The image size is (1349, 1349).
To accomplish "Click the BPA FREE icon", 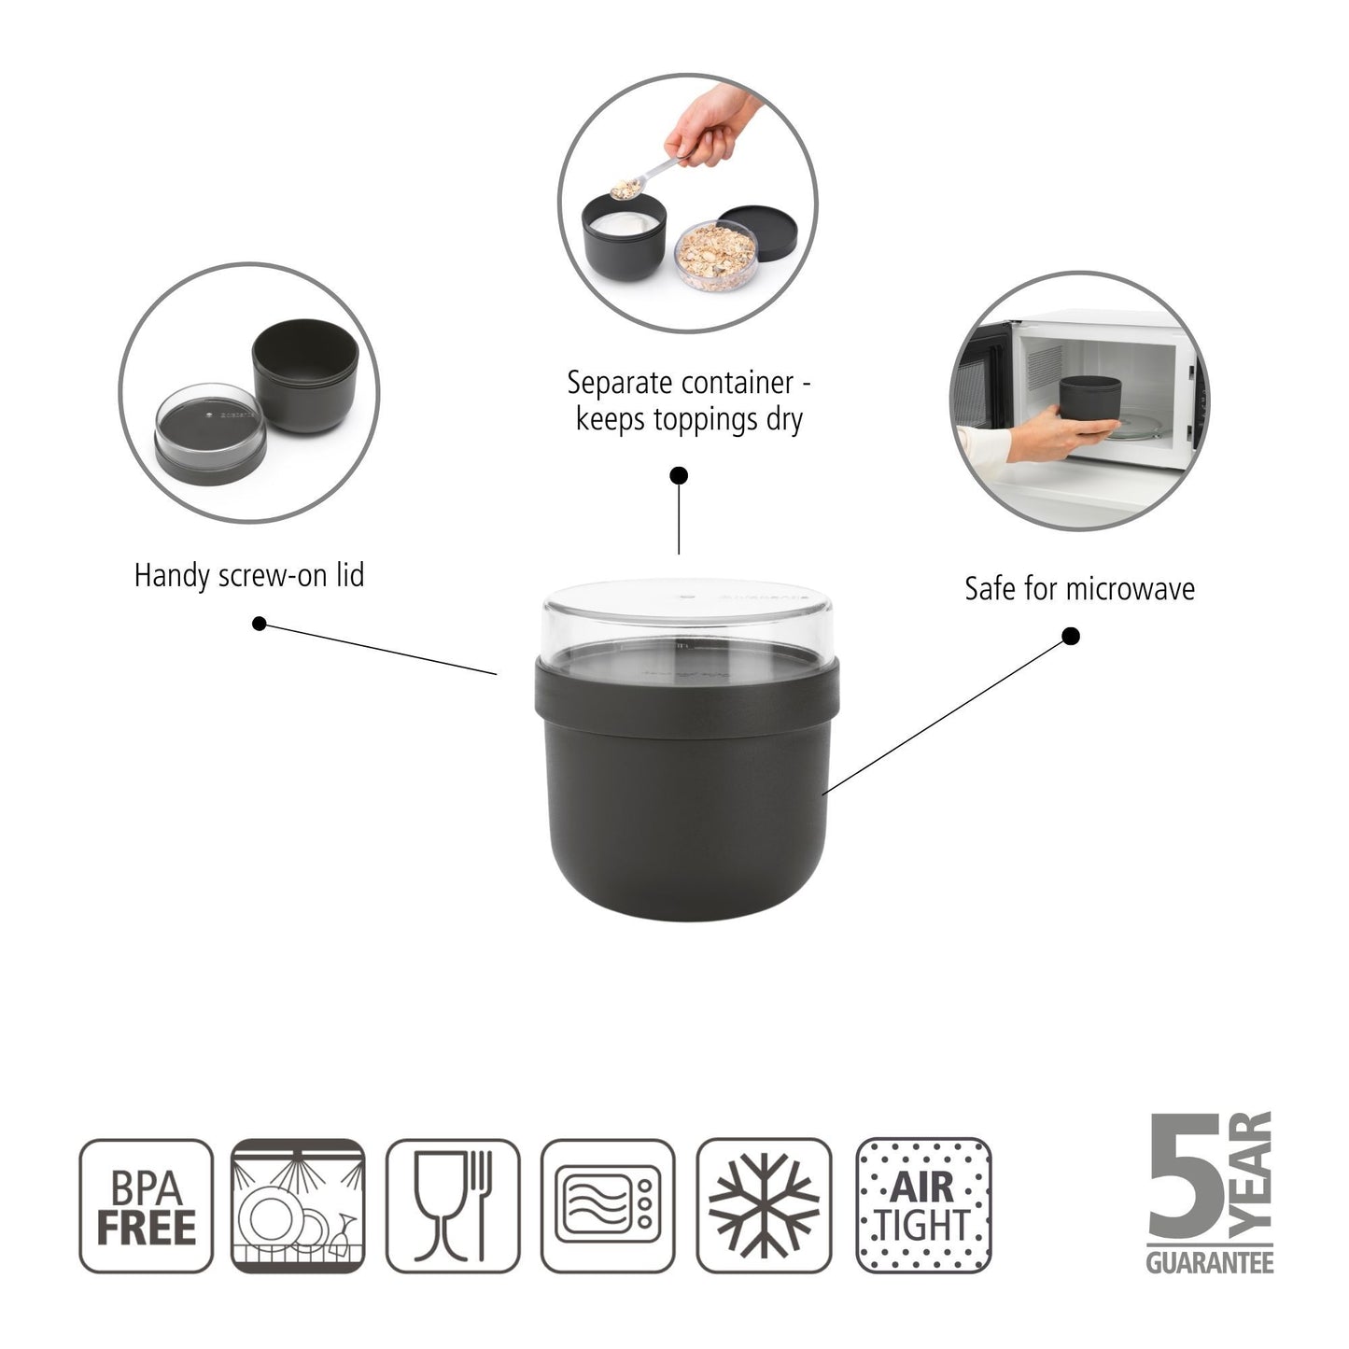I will click(x=147, y=1206).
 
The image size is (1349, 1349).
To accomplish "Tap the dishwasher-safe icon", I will click(x=297, y=1206).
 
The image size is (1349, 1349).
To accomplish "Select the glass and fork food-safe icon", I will click(x=453, y=1206).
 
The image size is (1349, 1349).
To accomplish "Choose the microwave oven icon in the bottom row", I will click(x=608, y=1206).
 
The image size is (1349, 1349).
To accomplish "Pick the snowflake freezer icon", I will click(x=764, y=1206).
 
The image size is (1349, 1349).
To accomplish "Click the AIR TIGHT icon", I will click(x=923, y=1206).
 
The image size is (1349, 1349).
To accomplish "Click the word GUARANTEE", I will click(x=1210, y=1263).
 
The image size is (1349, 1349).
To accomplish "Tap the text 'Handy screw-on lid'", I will click(x=249, y=575).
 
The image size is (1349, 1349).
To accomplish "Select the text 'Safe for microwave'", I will click(x=1079, y=589).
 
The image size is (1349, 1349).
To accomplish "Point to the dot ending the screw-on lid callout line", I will click(x=260, y=624).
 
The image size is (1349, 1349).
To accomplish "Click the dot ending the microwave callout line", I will click(x=1072, y=637).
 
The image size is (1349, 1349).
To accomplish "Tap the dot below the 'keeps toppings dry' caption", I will click(x=680, y=476).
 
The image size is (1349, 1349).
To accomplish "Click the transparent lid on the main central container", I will click(x=687, y=616).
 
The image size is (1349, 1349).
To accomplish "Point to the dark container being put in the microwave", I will click(x=1090, y=400).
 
